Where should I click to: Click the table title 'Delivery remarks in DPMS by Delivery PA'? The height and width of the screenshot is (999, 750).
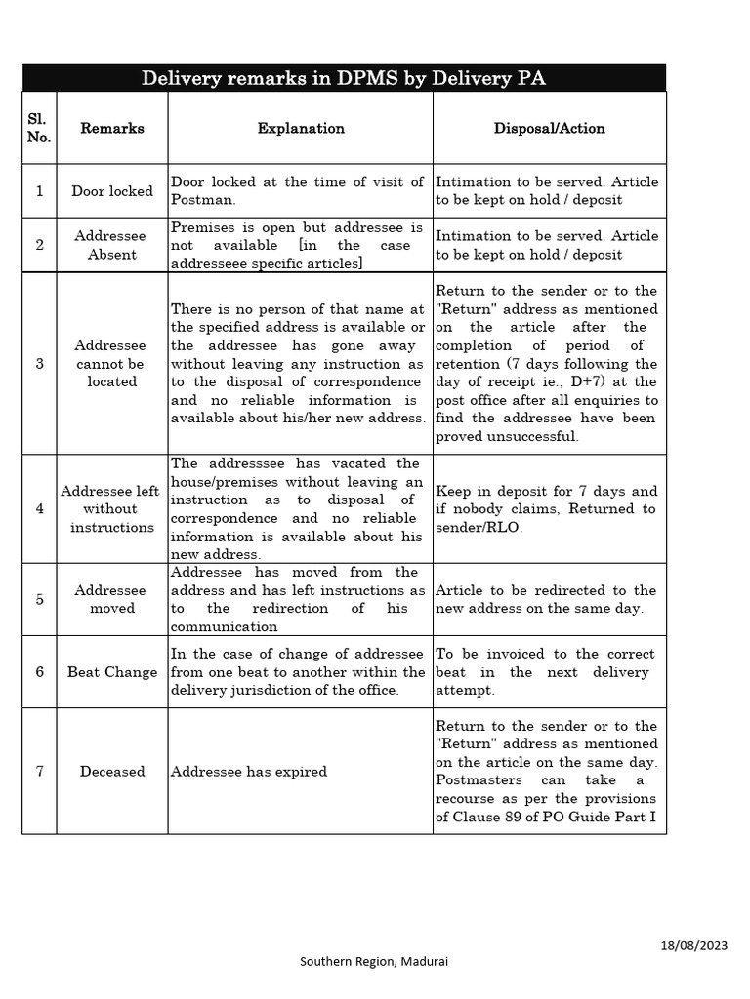click(x=344, y=78)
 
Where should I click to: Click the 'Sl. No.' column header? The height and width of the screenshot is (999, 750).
click(x=39, y=128)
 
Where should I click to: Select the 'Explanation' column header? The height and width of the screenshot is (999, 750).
click(x=301, y=128)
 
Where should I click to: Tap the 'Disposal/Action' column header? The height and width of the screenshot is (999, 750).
click(x=549, y=128)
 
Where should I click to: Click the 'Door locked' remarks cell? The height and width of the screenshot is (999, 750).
click(x=112, y=191)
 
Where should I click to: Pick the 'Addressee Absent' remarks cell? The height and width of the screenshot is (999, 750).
click(x=112, y=245)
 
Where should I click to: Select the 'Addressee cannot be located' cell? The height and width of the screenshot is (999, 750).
click(x=112, y=364)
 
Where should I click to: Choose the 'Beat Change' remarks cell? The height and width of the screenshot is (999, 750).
click(x=112, y=672)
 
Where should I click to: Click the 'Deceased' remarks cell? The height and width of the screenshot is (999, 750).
click(x=112, y=772)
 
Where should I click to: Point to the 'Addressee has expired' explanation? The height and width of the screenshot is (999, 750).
click(x=249, y=772)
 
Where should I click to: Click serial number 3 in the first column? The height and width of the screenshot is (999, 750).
click(x=39, y=364)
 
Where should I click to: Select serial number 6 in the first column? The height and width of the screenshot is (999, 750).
click(x=39, y=672)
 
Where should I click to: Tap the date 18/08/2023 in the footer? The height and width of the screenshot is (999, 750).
click(x=693, y=945)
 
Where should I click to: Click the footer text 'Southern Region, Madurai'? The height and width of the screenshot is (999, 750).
click(x=375, y=962)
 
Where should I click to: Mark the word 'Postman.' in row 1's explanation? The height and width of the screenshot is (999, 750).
click(x=203, y=200)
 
